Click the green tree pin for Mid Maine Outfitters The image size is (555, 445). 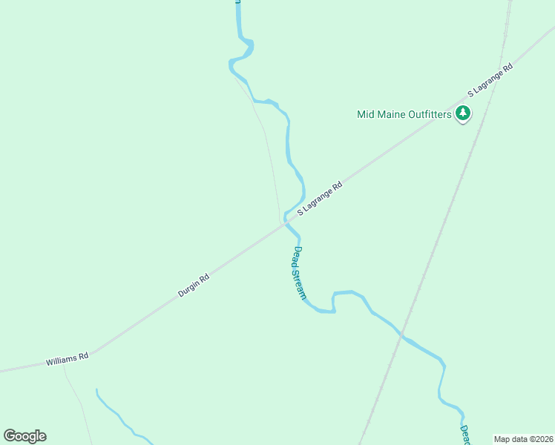point(464,113)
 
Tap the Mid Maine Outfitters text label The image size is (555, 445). point(404,114)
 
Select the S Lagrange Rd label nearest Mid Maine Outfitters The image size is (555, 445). point(490,80)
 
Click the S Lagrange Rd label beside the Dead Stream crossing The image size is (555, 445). point(320,199)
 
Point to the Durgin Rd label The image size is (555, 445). point(194,285)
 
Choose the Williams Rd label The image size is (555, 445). point(67,359)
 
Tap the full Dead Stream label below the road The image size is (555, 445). point(299,272)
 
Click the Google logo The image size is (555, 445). point(24,436)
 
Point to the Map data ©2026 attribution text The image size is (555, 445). point(523,439)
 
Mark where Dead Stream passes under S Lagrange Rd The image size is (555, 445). point(286,224)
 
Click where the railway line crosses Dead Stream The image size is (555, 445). point(401,335)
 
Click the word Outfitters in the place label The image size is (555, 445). point(426,114)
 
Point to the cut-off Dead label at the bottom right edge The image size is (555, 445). point(464,435)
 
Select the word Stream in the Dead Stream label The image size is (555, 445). point(301,283)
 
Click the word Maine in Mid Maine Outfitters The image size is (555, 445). point(387,114)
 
